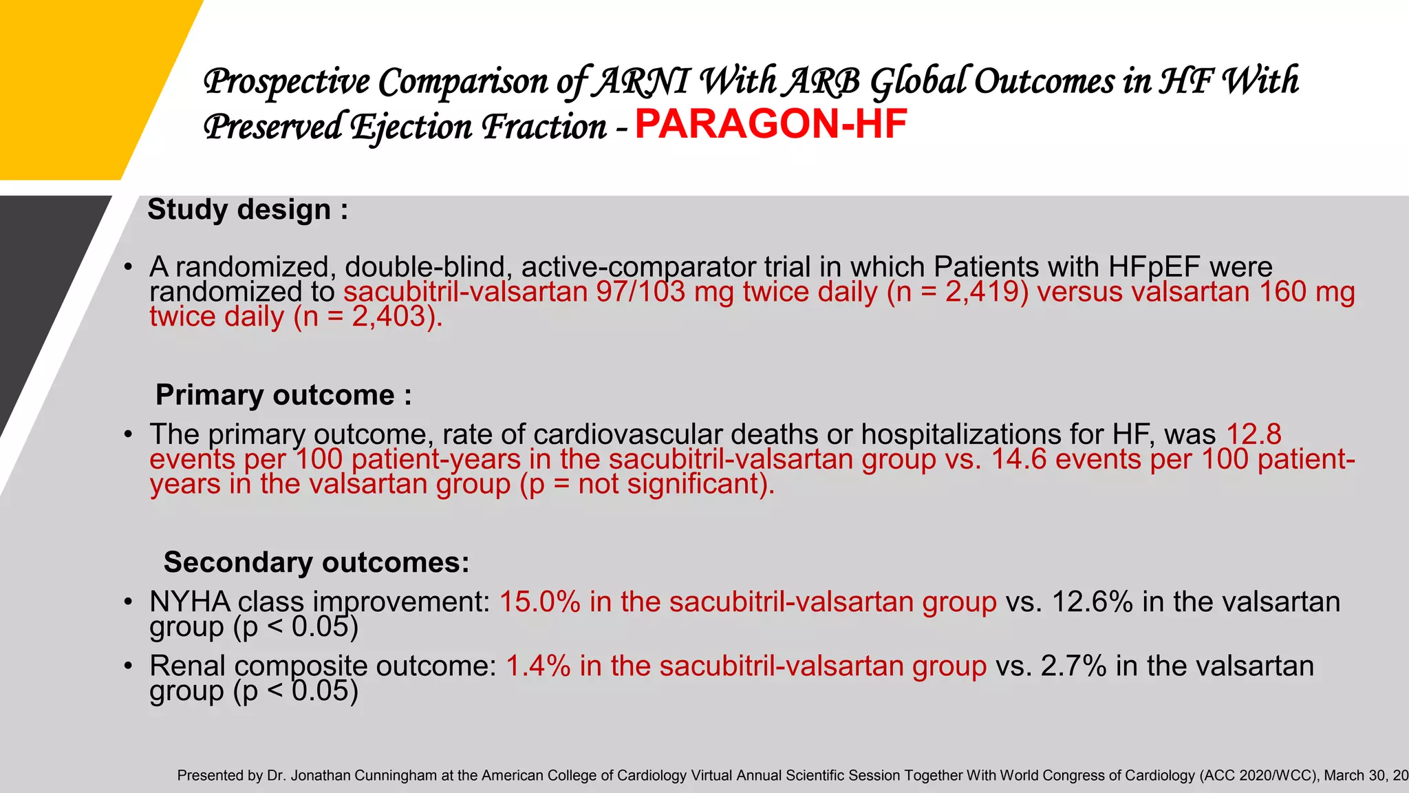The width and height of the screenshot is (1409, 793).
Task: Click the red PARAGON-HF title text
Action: click(771, 125)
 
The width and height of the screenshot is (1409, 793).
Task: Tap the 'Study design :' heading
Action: click(248, 209)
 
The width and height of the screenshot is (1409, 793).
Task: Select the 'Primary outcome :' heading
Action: click(283, 395)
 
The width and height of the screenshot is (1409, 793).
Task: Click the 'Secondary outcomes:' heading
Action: click(316, 562)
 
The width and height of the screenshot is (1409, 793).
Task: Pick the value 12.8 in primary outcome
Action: click(1254, 434)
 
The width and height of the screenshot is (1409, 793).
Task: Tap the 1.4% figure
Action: click(538, 666)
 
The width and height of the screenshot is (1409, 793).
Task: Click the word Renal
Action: click(187, 666)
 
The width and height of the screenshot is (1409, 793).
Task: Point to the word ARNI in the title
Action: click(641, 81)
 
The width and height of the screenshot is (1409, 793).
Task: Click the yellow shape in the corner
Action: click(83, 83)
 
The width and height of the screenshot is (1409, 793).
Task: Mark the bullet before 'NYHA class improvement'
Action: click(128, 602)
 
